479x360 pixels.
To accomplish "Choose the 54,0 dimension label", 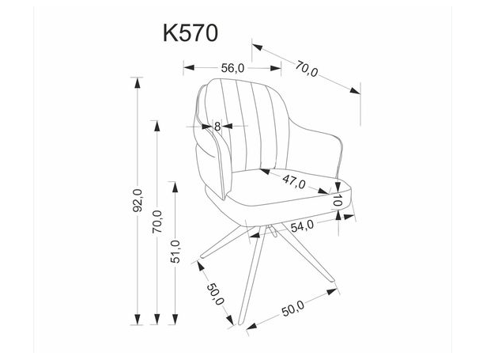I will (x=303, y=225).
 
